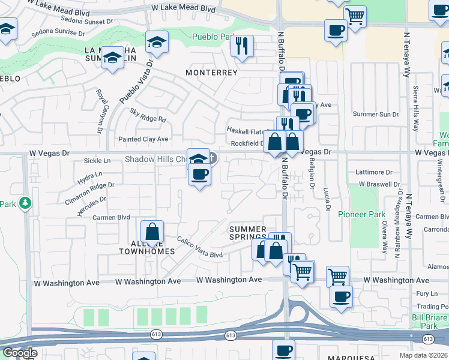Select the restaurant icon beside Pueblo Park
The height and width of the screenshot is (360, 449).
click(x=242, y=46)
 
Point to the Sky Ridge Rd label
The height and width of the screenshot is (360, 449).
click(x=148, y=115)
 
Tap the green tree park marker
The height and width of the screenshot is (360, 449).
click(x=25, y=203)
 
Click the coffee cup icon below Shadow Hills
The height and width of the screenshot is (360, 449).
click(x=200, y=175)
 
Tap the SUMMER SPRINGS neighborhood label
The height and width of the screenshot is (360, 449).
click(x=248, y=233)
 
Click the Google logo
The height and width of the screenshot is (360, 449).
click(x=20, y=353)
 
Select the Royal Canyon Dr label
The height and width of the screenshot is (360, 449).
click(x=100, y=111)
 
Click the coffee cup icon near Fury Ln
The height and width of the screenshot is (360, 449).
click(x=340, y=296)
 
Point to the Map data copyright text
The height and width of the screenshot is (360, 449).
click(x=424, y=355)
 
